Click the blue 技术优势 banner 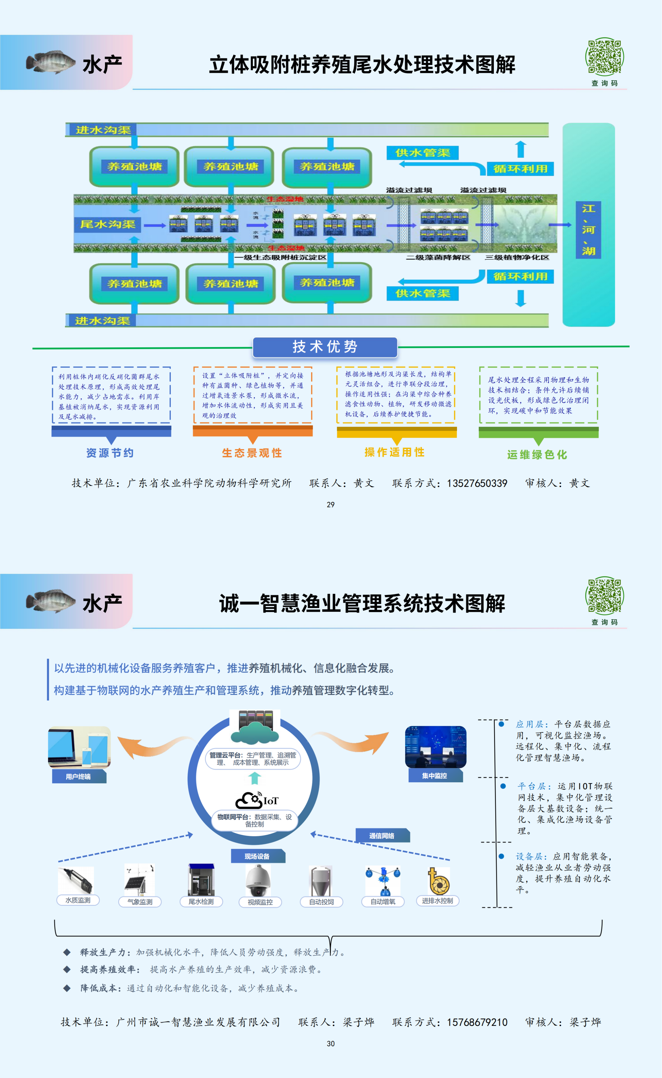[325, 347]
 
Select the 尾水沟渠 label [108, 224]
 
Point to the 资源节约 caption [110, 453]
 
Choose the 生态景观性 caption [252, 453]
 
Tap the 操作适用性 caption [394, 452]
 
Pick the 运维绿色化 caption [537, 455]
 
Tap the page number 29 [331, 505]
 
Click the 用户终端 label [78, 777]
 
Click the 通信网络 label [382, 836]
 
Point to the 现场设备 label [257, 856]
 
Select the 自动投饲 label [321, 902]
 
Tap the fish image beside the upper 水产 [50, 62]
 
